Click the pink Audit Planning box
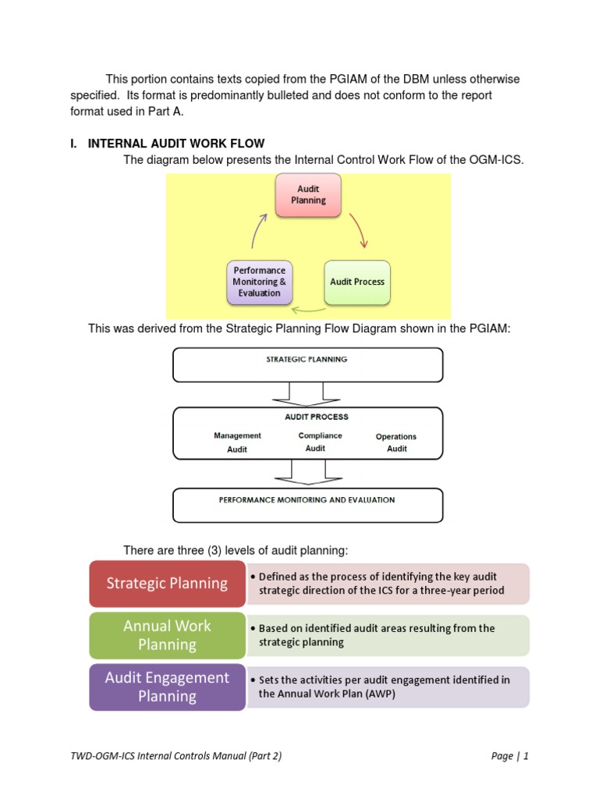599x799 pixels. [308, 195]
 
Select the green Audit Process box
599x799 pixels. [357, 282]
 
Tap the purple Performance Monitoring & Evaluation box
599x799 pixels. [259, 282]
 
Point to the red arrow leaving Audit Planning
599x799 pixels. [359, 230]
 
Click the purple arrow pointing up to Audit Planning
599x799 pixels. [258, 230]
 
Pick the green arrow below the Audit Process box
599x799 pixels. [308, 309]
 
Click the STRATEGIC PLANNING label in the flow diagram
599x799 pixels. [307, 359]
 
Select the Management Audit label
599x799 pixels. [237, 442]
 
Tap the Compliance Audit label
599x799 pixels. [320, 442]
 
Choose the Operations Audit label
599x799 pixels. [396, 442]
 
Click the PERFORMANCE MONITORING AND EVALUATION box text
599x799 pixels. [307, 500]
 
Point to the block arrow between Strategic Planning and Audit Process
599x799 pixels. [306, 395]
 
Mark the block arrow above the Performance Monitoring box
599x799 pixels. [308, 473]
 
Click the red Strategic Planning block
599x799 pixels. [167, 584]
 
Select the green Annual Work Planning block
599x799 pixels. [167, 635]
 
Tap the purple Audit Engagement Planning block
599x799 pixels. [167, 687]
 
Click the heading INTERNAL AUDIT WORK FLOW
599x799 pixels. [176, 144]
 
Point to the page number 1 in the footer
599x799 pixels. [526, 755]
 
